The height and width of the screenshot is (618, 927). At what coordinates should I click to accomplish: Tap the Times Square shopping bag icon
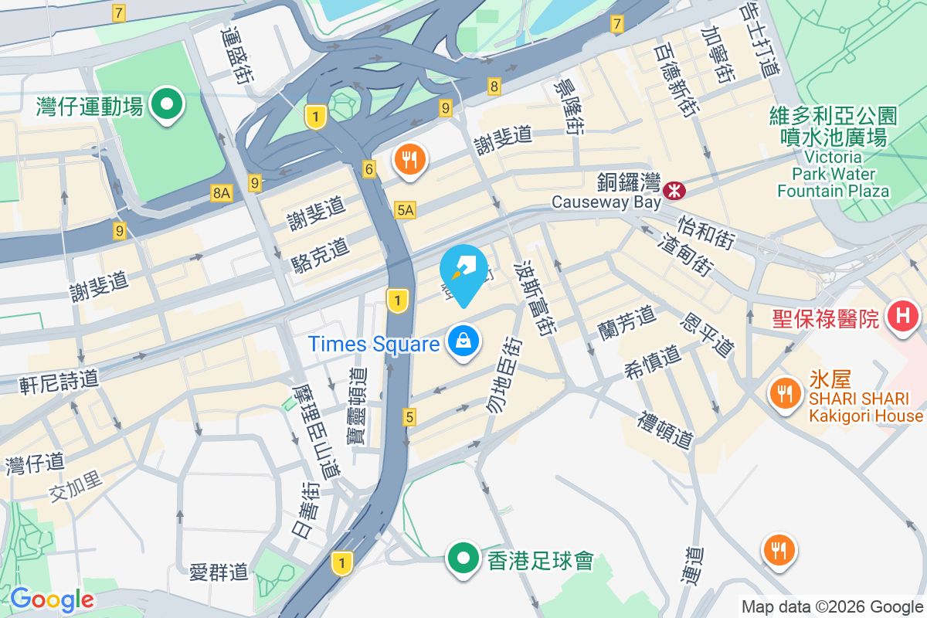point(463,342)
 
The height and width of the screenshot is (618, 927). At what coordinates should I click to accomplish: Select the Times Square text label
point(374,344)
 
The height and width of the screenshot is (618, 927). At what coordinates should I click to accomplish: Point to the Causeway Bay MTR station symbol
point(674,188)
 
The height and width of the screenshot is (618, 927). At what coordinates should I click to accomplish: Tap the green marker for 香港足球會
point(463,558)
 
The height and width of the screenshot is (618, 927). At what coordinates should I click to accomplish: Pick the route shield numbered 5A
point(406,209)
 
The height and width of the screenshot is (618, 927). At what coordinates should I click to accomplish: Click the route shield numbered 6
point(370,169)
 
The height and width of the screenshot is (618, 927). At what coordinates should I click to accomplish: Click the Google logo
point(52,599)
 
